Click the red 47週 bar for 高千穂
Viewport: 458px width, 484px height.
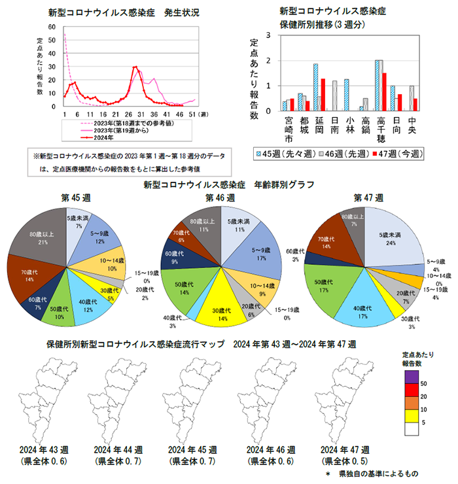pyautogui.click(x=385, y=92)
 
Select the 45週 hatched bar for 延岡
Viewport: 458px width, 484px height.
pyautogui.click(x=315, y=87)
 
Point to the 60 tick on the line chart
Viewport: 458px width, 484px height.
pyautogui.click(x=52, y=27)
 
